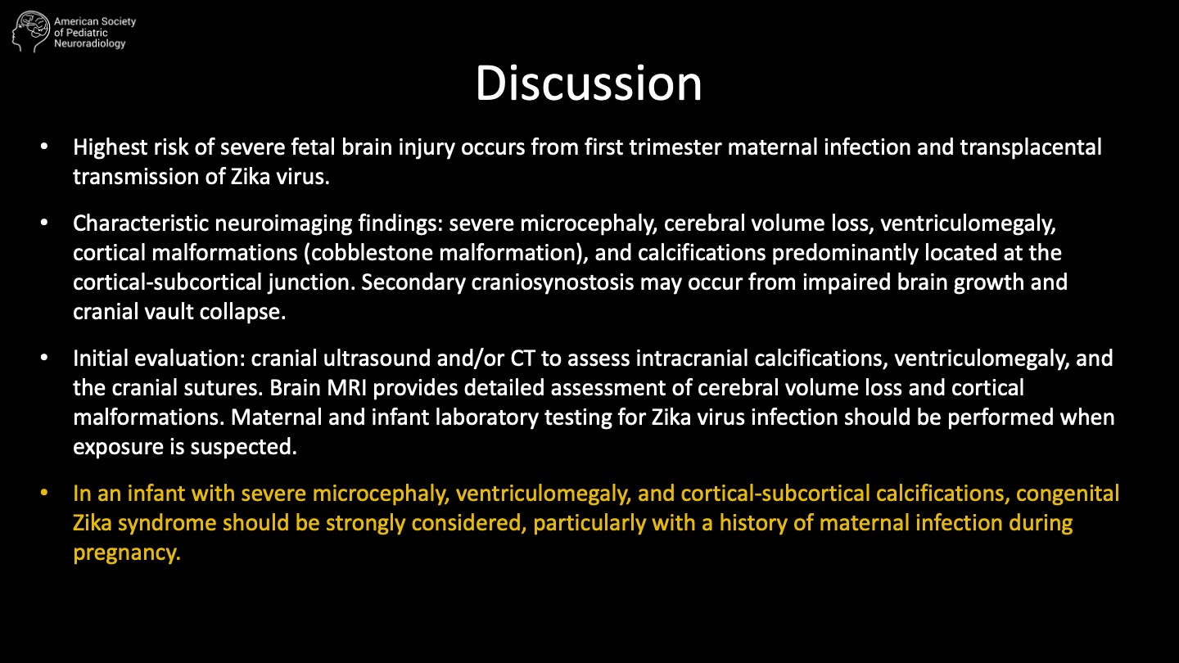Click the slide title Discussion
(589, 83)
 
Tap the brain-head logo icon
(31, 32)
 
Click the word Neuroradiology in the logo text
(90, 44)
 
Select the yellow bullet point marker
(44, 493)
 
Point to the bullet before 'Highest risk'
(44, 147)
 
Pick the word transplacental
(1031, 148)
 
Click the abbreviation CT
(522, 359)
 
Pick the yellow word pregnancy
(126, 553)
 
